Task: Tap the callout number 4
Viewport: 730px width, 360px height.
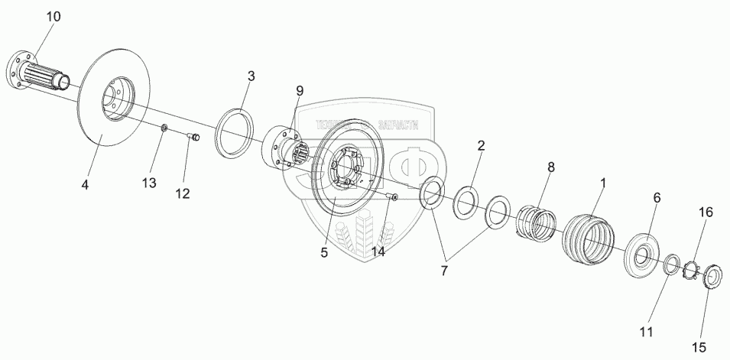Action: (85, 185)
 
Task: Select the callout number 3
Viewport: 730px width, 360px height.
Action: (250, 76)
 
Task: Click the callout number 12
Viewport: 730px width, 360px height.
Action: (182, 193)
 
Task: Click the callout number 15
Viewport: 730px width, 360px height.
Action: (699, 348)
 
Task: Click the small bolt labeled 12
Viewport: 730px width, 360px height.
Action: (193, 138)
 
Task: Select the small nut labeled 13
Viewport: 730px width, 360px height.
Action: (163, 127)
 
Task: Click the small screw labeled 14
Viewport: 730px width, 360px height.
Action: (392, 199)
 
